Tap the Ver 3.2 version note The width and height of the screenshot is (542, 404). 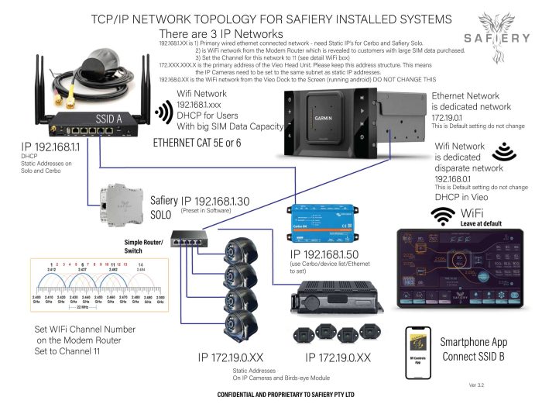coord(479,384)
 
